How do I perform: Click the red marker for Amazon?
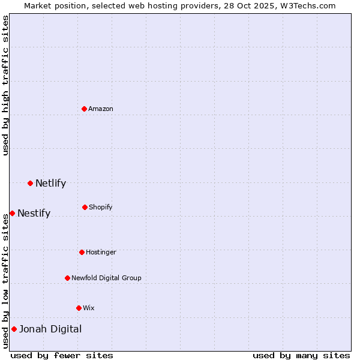85,109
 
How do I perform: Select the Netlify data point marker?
30,183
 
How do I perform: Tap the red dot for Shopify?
85,207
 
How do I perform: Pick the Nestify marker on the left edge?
12,213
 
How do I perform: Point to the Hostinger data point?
82,252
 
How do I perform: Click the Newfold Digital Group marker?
67,278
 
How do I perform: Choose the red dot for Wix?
79,308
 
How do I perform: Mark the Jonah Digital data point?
14,329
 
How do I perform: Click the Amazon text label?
101,109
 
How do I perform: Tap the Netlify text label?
50,183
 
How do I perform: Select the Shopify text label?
101,207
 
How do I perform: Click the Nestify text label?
34,213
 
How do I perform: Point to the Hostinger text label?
101,252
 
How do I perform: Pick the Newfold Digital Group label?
106,278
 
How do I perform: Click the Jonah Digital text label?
50,329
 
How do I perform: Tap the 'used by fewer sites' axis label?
62,355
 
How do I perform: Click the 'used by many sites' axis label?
301,355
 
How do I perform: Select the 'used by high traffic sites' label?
5,85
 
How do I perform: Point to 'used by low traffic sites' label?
5,281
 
